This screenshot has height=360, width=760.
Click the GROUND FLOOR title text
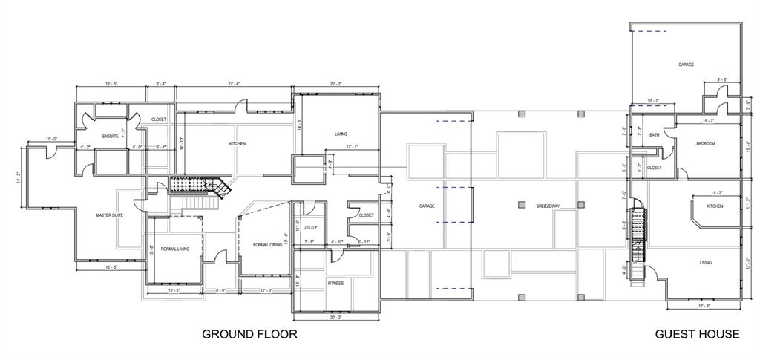click(x=249, y=334)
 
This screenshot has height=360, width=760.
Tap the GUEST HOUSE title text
click(x=697, y=334)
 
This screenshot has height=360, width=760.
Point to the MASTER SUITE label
click(x=109, y=215)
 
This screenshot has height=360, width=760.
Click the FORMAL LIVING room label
click(x=174, y=249)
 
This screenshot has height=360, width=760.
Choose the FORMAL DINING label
click(x=267, y=244)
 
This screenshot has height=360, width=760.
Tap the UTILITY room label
click(x=310, y=227)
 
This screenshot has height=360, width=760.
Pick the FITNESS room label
click(x=335, y=283)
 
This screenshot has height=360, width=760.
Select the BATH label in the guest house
click(x=654, y=135)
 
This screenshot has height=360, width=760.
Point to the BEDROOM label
click(x=705, y=143)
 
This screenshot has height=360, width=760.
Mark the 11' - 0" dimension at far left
click(x=52, y=139)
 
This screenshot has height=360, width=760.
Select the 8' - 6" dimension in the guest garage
click(x=721, y=79)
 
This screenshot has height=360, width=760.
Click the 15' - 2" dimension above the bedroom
click(x=709, y=120)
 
